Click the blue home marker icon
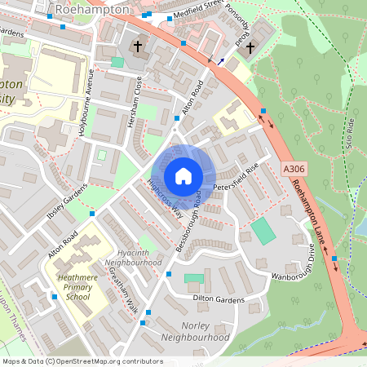tap(183, 176)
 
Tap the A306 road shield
tap(294, 169)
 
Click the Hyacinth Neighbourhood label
tap(128, 258)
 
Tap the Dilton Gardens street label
tap(219, 299)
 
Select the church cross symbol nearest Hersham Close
tap(137, 46)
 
